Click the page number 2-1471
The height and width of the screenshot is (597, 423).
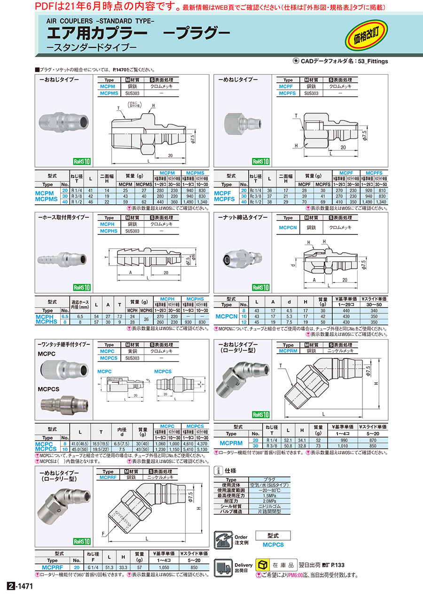click(x=20, y=586)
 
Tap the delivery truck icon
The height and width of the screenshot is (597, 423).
click(x=223, y=567)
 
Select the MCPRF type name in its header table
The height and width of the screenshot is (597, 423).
click(x=108, y=477)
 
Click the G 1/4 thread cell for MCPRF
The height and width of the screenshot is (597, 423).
click(x=93, y=567)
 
